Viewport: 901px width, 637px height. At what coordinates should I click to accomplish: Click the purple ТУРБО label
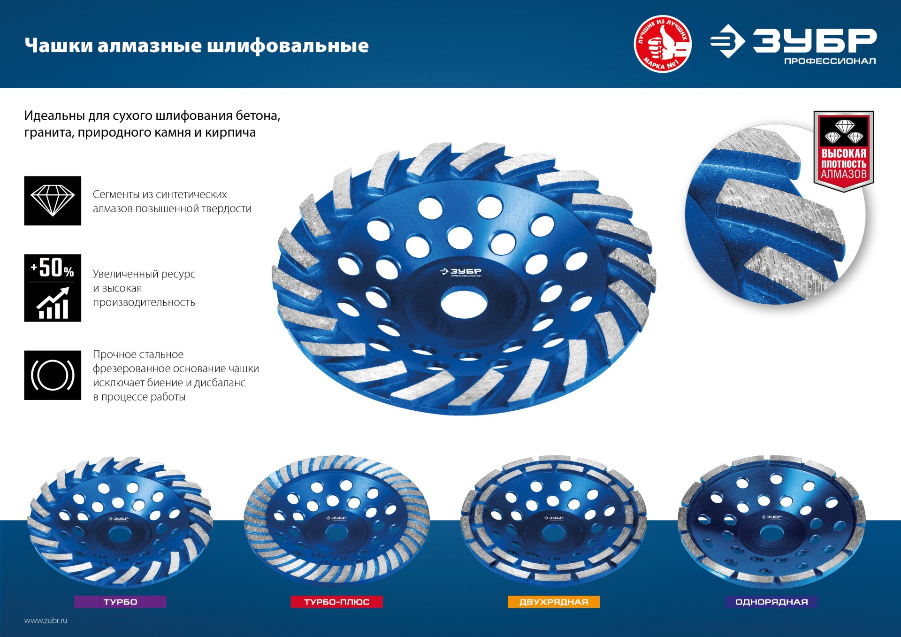(120, 602)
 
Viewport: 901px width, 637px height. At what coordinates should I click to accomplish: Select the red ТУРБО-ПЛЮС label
(336, 602)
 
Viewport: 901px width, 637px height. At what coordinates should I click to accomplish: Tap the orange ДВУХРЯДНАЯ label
(553, 602)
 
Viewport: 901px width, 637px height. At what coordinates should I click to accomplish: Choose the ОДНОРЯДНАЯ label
(771, 602)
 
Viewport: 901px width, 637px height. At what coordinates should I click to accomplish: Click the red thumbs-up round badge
(663, 44)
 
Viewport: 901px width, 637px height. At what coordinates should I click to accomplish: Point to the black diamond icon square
(53, 201)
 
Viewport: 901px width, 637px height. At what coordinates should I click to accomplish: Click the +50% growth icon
(53, 288)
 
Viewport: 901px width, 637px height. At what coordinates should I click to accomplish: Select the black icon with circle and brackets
(53, 375)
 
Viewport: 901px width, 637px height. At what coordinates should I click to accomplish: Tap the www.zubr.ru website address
(46, 621)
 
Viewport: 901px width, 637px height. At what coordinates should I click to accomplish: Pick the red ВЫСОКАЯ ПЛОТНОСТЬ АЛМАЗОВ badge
(843, 151)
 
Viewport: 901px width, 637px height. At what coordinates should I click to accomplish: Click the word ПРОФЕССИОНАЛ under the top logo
(830, 61)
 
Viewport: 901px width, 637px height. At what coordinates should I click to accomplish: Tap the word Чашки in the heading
(58, 46)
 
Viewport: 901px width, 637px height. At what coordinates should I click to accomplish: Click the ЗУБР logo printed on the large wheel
(461, 272)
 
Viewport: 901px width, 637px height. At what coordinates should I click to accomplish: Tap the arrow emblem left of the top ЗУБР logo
(727, 41)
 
